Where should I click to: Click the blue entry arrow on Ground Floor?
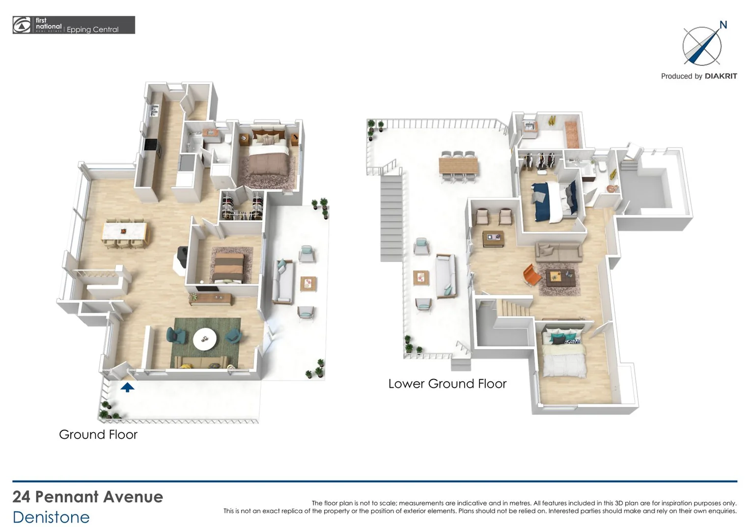click(x=127, y=387)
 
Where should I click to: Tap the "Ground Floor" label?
click(x=98, y=435)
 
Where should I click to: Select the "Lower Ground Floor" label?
click(x=447, y=384)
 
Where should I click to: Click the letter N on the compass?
click(x=723, y=25)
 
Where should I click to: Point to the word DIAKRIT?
click(x=721, y=76)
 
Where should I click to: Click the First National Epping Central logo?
click(x=74, y=25)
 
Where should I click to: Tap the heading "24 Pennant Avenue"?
click(x=88, y=497)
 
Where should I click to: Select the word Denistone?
click(x=51, y=517)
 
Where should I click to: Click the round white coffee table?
click(x=205, y=338)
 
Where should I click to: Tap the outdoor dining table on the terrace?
click(x=458, y=164)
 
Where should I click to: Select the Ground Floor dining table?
click(x=125, y=232)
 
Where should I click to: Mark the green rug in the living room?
click(x=205, y=343)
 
